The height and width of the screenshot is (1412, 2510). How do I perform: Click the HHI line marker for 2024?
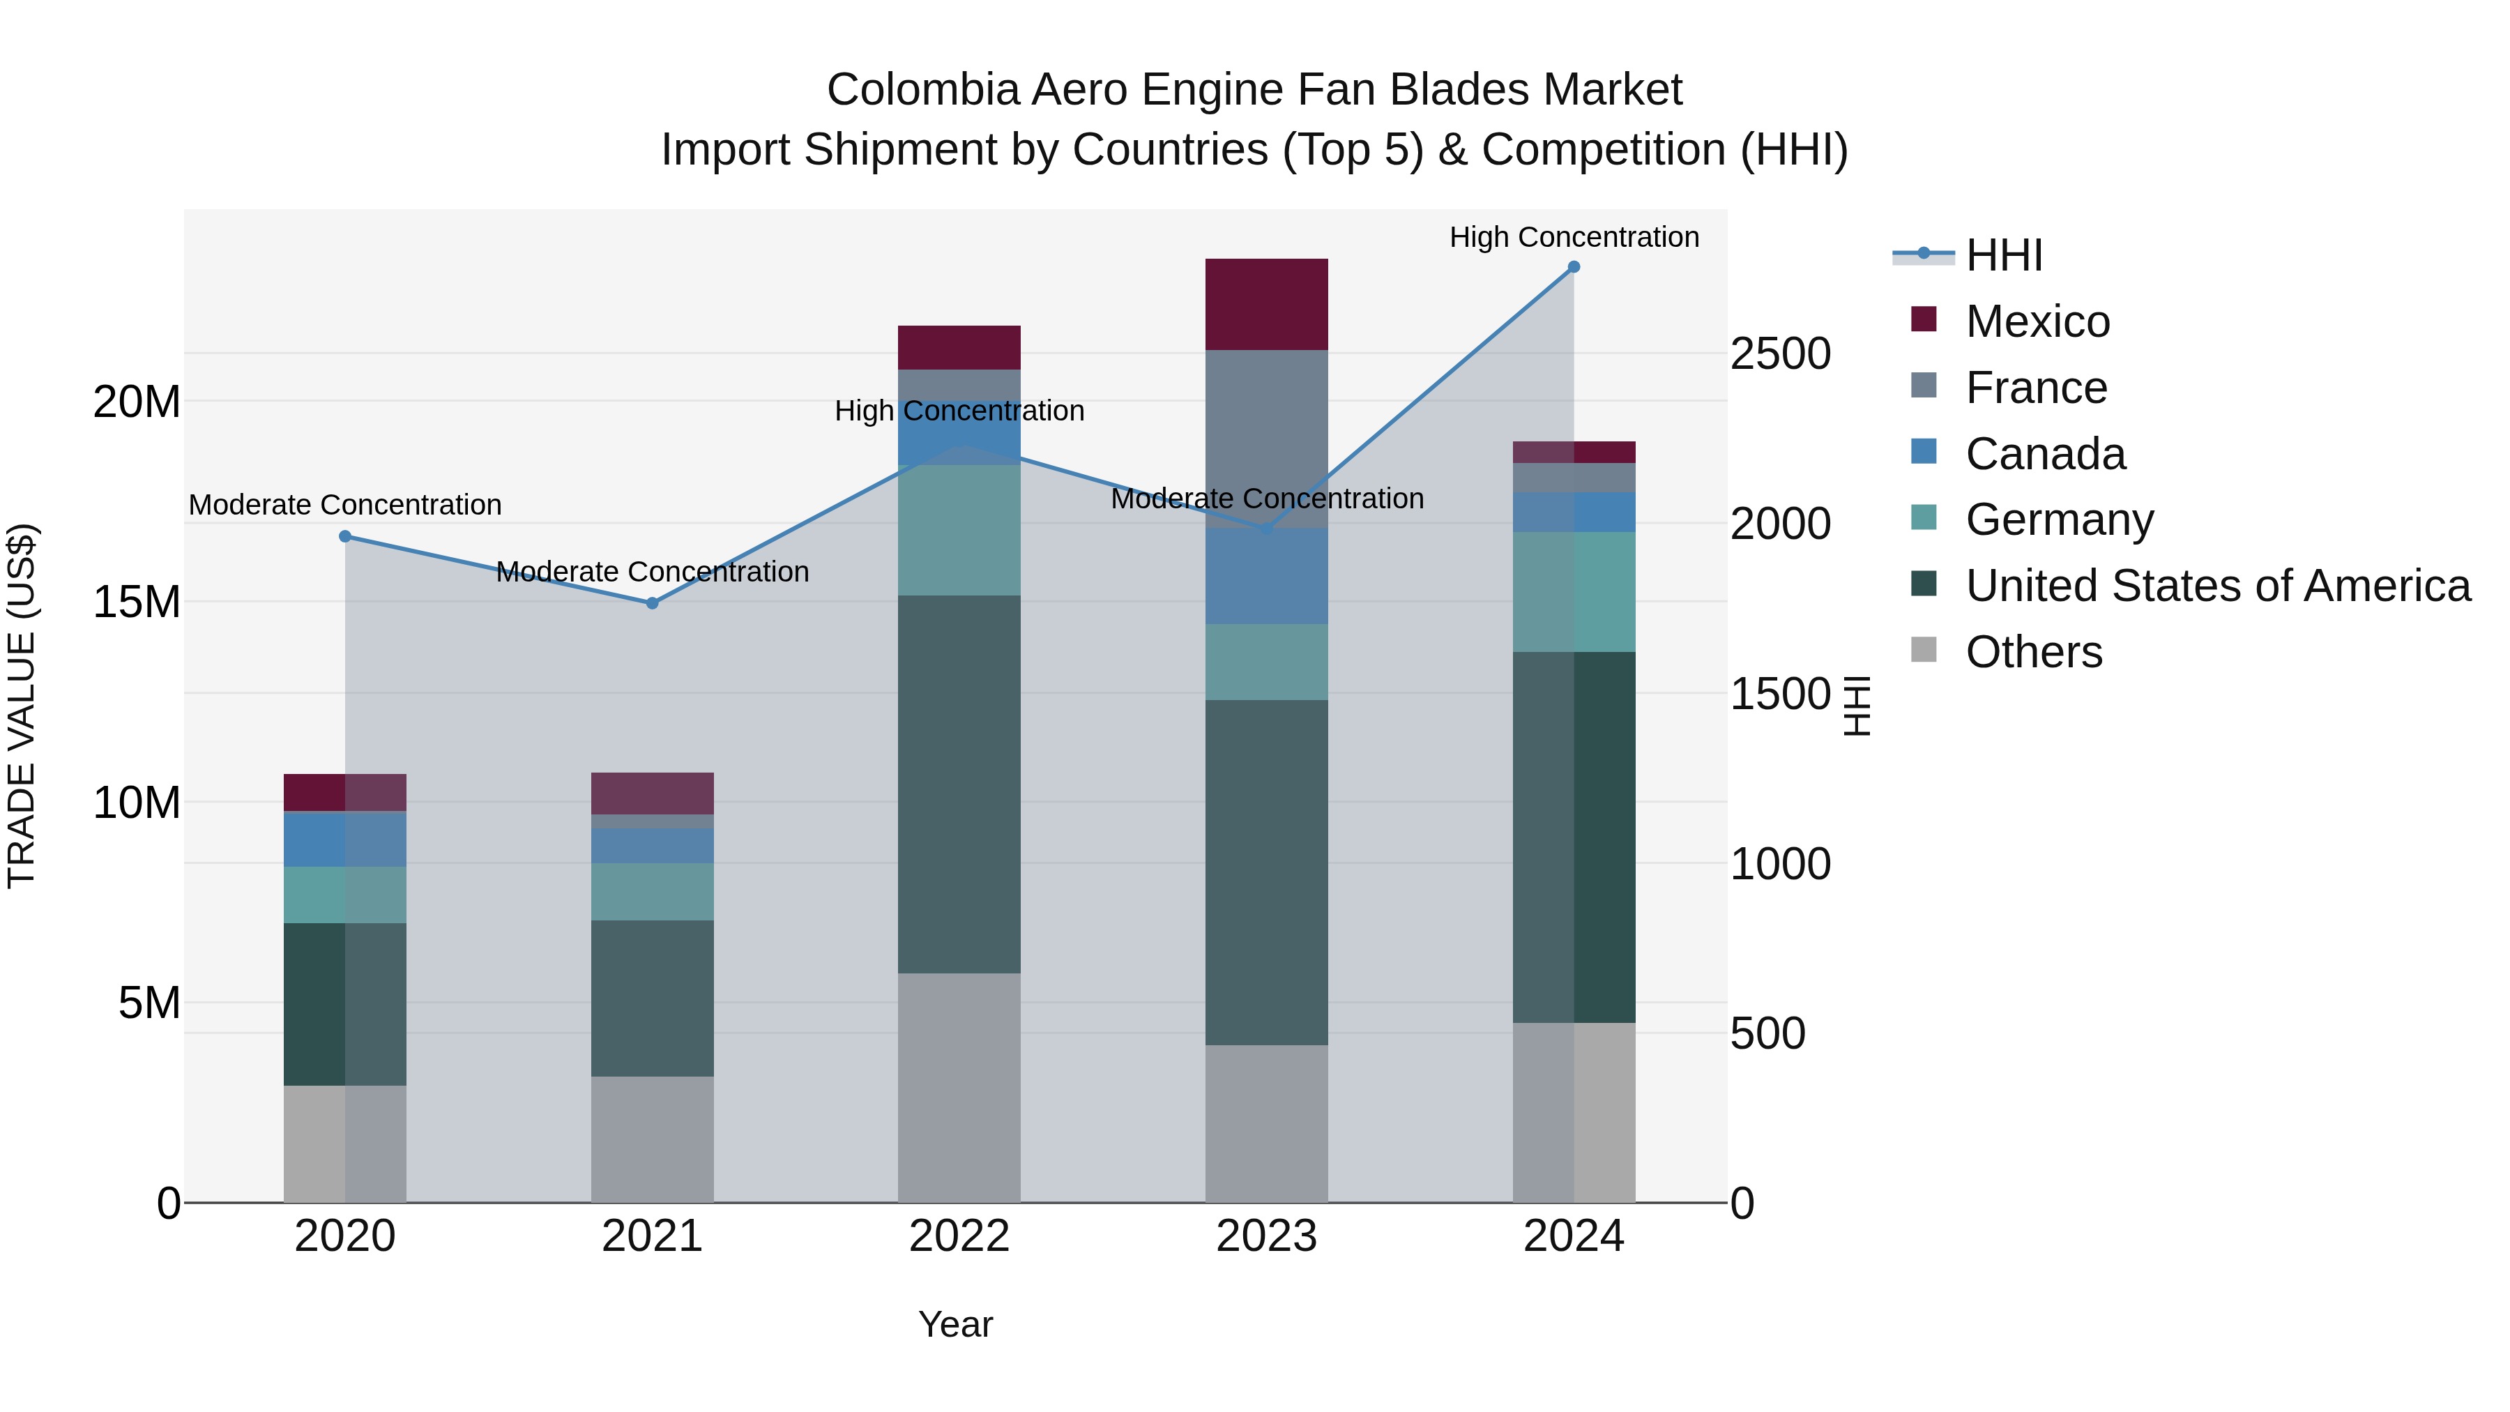tap(1574, 267)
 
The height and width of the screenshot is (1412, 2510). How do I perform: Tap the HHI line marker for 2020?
tap(345, 536)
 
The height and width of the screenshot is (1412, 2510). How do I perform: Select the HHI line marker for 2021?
tap(653, 603)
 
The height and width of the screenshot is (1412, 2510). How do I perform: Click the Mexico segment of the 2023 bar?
tap(1267, 304)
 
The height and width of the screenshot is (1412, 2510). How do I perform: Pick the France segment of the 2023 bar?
tap(1267, 439)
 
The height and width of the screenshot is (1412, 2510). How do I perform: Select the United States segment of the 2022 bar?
tap(959, 784)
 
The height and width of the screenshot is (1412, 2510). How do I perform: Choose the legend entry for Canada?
tap(2044, 454)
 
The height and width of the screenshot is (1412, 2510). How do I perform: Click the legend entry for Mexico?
tap(2037, 321)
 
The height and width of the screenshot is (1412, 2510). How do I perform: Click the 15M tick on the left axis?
tap(137, 602)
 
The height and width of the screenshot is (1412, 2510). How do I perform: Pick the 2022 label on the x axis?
tap(959, 1236)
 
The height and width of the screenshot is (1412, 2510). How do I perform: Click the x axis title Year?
tap(955, 1324)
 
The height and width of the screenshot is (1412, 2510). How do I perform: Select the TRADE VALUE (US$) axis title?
tap(22, 706)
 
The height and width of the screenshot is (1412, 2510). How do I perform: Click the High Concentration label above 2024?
tap(1574, 237)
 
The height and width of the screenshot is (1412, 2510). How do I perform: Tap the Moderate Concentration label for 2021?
tap(653, 571)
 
